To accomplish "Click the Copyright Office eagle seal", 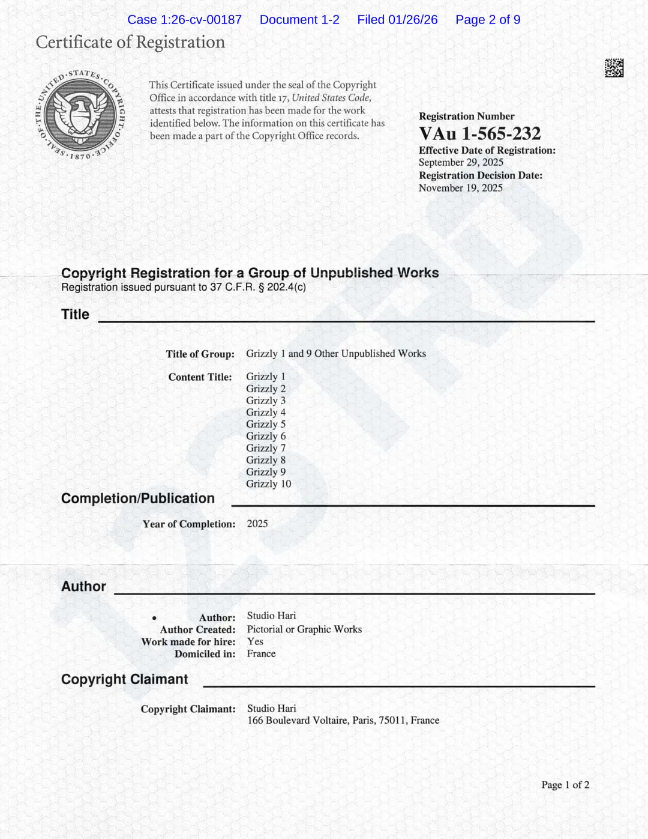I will point(80,114).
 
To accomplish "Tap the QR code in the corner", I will point(614,68).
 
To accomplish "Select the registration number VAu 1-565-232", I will point(480,133).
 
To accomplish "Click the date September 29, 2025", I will point(461,162).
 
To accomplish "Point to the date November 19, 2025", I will point(461,188).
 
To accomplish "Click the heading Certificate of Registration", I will point(130,42).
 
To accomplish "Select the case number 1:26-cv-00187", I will point(201,20).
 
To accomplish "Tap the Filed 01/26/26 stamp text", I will point(397,20).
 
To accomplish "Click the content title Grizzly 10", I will point(268,484).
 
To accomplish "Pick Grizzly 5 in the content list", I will point(266,424).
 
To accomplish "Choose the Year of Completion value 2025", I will point(257,524).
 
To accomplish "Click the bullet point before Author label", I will point(154,618).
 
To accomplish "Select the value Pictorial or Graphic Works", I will point(304,629).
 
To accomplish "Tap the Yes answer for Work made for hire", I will point(255,641).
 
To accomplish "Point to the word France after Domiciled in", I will point(261,653).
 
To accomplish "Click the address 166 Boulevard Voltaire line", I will point(343,720).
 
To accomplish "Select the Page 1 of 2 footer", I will point(565,785).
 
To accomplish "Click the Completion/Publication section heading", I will point(138,498).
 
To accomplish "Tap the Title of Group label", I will point(200,354).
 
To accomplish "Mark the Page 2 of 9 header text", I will point(488,20).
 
